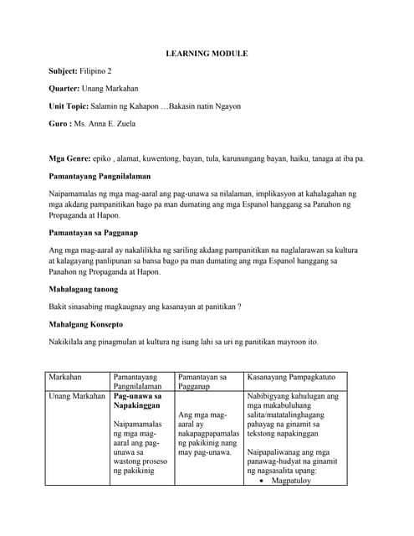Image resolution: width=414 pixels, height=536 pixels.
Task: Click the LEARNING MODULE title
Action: [x=206, y=54]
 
